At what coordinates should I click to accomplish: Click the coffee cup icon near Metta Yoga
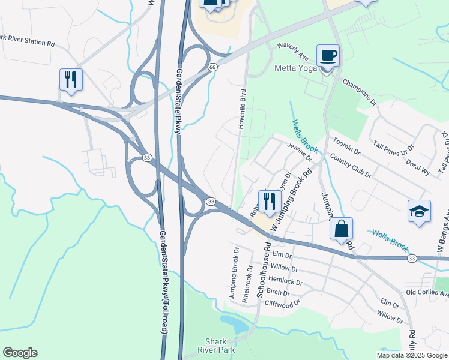pyautogui.click(x=328, y=56)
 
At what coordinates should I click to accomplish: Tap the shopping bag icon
pyautogui.click(x=341, y=229)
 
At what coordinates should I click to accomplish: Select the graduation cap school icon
pyautogui.click(x=419, y=212)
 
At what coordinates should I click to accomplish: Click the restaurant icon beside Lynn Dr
pyautogui.click(x=269, y=200)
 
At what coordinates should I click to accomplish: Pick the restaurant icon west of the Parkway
pyautogui.click(x=71, y=80)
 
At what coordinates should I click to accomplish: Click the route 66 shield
pyautogui.click(x=212, y=67)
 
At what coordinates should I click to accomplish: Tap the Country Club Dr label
pyautogui.click(x=351, y=166)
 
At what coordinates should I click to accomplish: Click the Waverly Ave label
pyautogui.click(x=292, y=52)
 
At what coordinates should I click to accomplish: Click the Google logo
pyautogui.click(x=20, y=353)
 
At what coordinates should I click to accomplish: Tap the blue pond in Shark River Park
pyautogui.click(x=234, y=325)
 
